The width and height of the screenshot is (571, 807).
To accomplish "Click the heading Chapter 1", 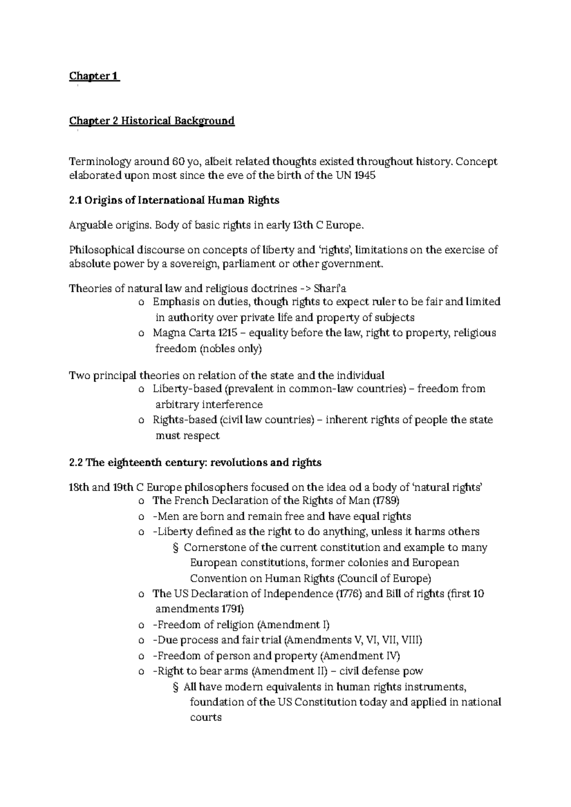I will click(x=94, y=76).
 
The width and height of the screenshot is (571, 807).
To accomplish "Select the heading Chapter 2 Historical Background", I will click(x=152, y=121).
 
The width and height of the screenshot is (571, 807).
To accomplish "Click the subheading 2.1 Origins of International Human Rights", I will click(x=174, y=201).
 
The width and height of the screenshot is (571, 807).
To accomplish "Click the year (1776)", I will click(x=349, y=594).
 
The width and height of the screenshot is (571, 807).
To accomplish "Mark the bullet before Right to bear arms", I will click(x=141, y=672).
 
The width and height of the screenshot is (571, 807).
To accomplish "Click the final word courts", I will click(x=206, y=718).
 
